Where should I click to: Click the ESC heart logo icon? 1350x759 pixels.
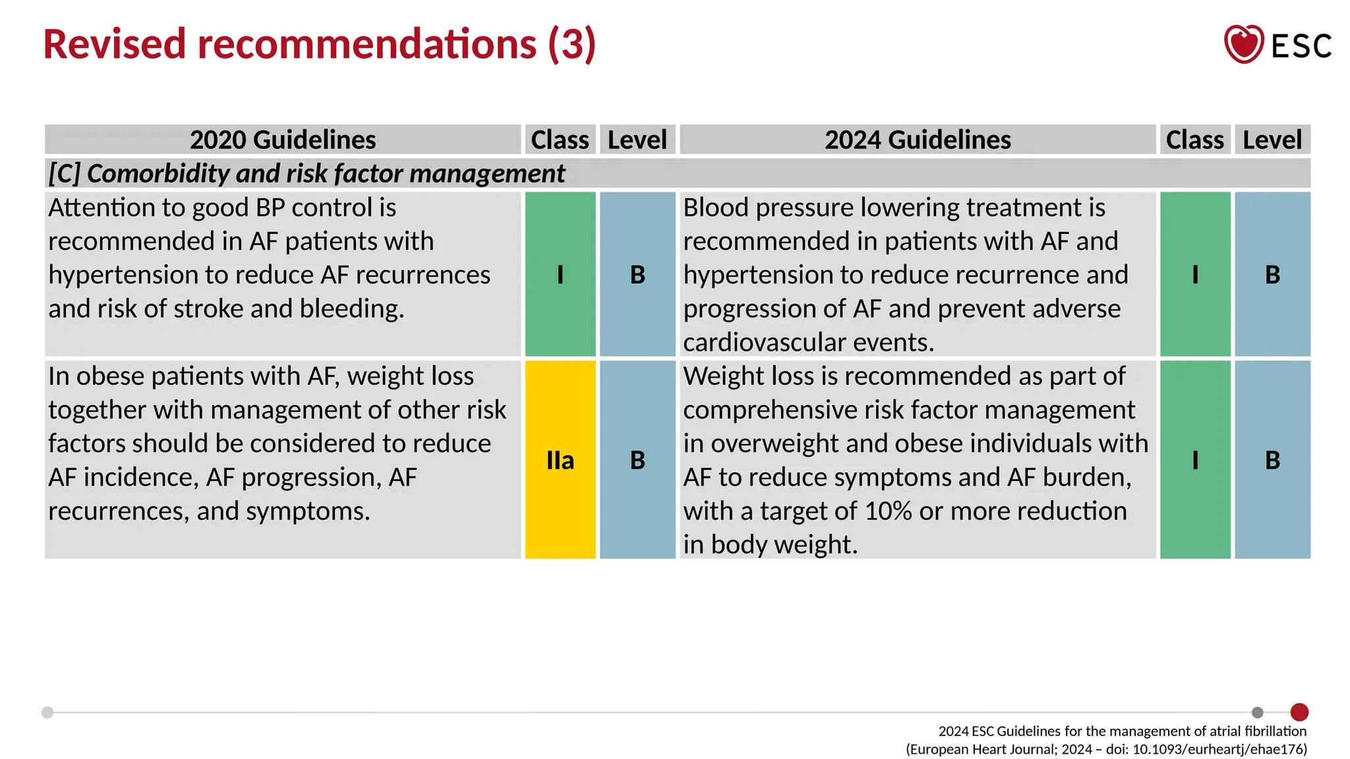pos(1243,44)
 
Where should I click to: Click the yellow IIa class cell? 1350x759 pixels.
pos(560,460)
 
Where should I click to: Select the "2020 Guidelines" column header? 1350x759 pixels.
pos(283,140)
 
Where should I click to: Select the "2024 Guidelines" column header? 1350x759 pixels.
pos(918,140)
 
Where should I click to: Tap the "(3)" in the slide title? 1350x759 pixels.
pos(572,44)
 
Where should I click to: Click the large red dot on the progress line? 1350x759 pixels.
pos(1299,712)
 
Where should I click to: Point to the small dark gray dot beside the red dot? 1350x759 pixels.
pos(1258,712)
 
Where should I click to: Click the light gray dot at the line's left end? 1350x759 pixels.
pos(47,712)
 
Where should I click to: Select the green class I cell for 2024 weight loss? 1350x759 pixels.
pos(1195,460)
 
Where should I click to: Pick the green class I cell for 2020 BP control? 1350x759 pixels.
pos(560,274)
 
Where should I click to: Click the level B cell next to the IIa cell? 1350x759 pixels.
pos(637,460)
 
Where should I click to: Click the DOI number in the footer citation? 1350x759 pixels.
pos(1219,749)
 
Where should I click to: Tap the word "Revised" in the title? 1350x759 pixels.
pos(115,44)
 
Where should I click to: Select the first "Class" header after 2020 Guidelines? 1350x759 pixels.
pos(560,140)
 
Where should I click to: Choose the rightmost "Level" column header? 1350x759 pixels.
pos(1272,140)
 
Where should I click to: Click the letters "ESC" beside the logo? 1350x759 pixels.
pos(1301,46)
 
